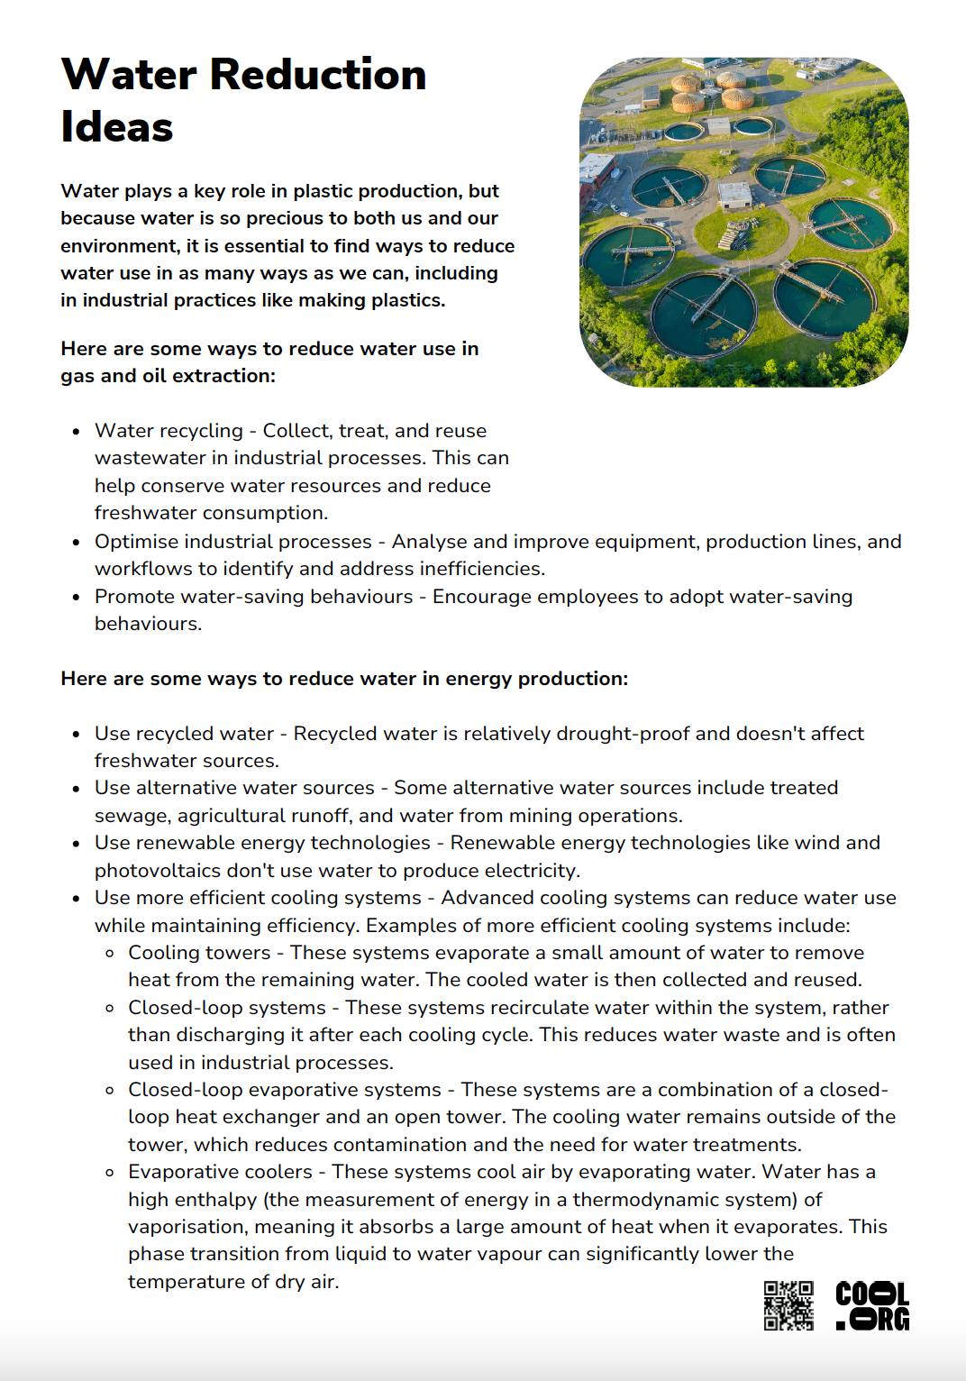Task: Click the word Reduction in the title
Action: click(x=318, y=74)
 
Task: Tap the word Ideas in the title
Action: click(x=116, y=127)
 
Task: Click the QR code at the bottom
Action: click(x=788, y=1305)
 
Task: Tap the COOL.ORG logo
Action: click(x=871, y=1305)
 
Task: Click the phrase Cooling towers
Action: click(x=199, y=953)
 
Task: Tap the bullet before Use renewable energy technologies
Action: click(x=77, y=844)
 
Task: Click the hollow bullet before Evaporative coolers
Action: click(x=110, y=1173)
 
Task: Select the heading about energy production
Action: click(x=344, y=679)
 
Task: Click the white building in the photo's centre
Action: click(x=735, y=195)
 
